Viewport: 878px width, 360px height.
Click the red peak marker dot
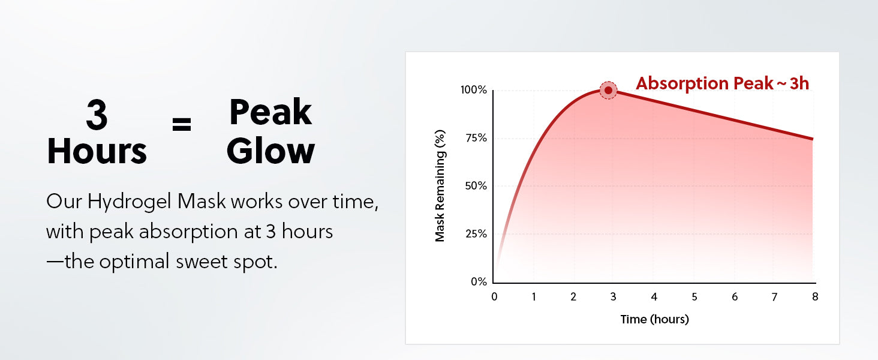(608, 90)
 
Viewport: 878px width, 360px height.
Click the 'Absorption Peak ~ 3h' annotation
(723, 83)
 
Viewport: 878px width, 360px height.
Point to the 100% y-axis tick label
(474, 90)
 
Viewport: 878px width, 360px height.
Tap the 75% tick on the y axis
(476, 138)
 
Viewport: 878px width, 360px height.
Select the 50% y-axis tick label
(476, 186)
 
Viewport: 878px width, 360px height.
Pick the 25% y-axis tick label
(476, 234)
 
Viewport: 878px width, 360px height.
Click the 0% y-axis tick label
(479, 281)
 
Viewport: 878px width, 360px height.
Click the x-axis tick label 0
(494, 297)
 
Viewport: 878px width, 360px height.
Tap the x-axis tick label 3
(614, 297)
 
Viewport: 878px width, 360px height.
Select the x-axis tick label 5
(694, 297)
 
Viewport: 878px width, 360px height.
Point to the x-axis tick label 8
(815, 297)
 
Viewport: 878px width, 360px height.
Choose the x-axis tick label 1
(534, 297)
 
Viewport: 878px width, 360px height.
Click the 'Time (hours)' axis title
(654, 319)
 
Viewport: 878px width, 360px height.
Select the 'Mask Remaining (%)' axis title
(440, 186)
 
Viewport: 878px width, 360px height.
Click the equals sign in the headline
(182, 124)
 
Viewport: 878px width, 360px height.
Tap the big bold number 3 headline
(97, 115)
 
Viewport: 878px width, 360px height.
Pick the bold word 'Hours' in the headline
(97, 151)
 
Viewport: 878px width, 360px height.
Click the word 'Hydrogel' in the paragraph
(130, 202)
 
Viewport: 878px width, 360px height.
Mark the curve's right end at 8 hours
(813, 139)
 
